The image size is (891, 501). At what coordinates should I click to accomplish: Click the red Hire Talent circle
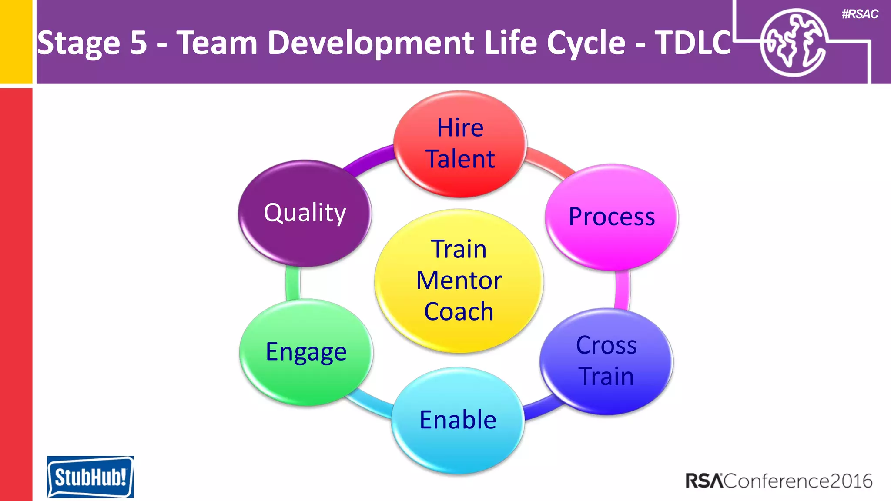click(x=460, y=144)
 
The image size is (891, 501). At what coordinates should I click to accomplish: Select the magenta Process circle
click(x=611, y=217)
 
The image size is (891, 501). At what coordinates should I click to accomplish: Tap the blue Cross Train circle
click(x=606, y=361)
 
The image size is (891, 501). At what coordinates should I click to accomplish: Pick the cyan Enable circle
click(x=458, y=420)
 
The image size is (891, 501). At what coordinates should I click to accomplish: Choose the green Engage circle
click(x=306, y=352)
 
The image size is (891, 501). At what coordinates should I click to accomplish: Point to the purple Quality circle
click(x=305, y=213)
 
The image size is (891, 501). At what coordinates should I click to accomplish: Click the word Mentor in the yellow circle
click(x=459, y=281)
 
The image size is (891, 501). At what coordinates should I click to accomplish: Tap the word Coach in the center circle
click(x=459, y=312)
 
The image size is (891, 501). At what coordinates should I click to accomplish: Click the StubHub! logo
click(x=90, y=477)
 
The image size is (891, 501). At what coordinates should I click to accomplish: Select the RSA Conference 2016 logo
click(x=779, y=481)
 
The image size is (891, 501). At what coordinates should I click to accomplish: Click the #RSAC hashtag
click(x=860, y=14)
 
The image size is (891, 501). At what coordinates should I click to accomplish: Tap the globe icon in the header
click(x=794, y=43)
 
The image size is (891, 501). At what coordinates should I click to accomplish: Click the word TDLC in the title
click(x=693, y=43)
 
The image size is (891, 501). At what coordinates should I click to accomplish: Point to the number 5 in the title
click(x=138, y=43)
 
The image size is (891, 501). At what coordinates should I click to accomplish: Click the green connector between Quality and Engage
click(x=293, y=283)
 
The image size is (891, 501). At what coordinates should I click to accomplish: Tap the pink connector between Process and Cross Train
click(x=623, y=289)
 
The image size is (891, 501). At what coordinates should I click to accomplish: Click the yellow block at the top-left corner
click(x=16, y=41)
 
